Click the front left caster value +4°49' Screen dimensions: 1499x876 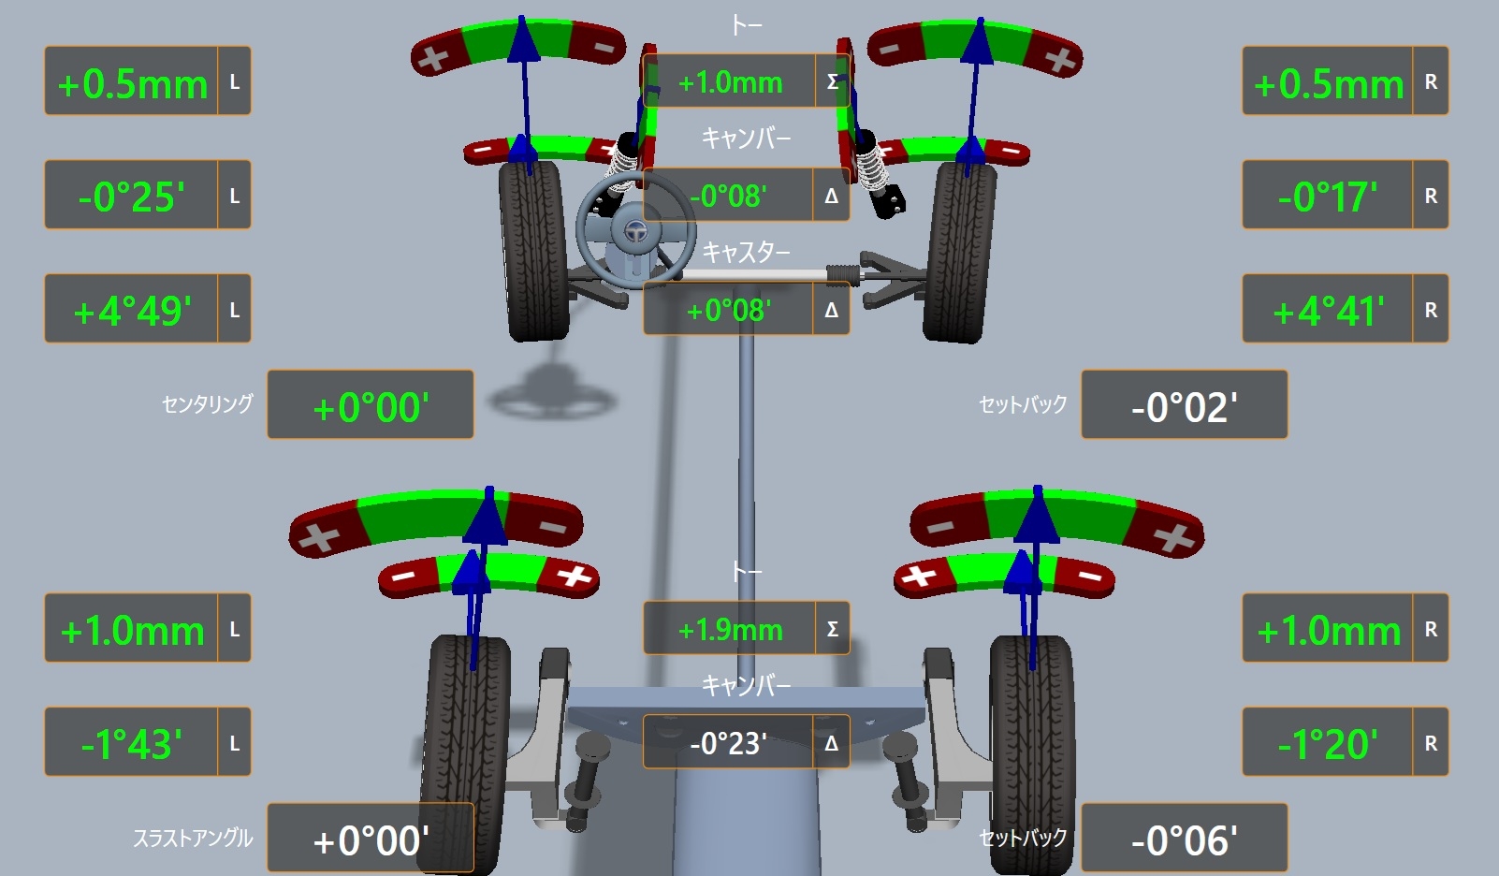pyautogui.click(x=132, y=311)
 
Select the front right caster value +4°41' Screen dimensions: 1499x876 pyautogui.click(x=1329, y=311)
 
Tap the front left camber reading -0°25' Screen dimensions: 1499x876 pyautogui.click(x=131, y=197)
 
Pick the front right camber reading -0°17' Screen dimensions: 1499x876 pyautogui.click(x=1328, y=197)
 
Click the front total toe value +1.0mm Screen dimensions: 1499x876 pyautogui.click(x=730, y=82)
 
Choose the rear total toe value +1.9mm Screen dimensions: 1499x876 pyautogui.click(x=730, y=630)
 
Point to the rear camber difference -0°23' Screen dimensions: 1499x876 pyautogui.click(x=728, y=743)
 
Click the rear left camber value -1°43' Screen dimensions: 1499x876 pyautogui.click(x=131, y=743)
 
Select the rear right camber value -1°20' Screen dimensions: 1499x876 pyautogui.click(x=1328, y=743)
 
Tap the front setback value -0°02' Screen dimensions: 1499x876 pyautogui.click(x=1184, y=407)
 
